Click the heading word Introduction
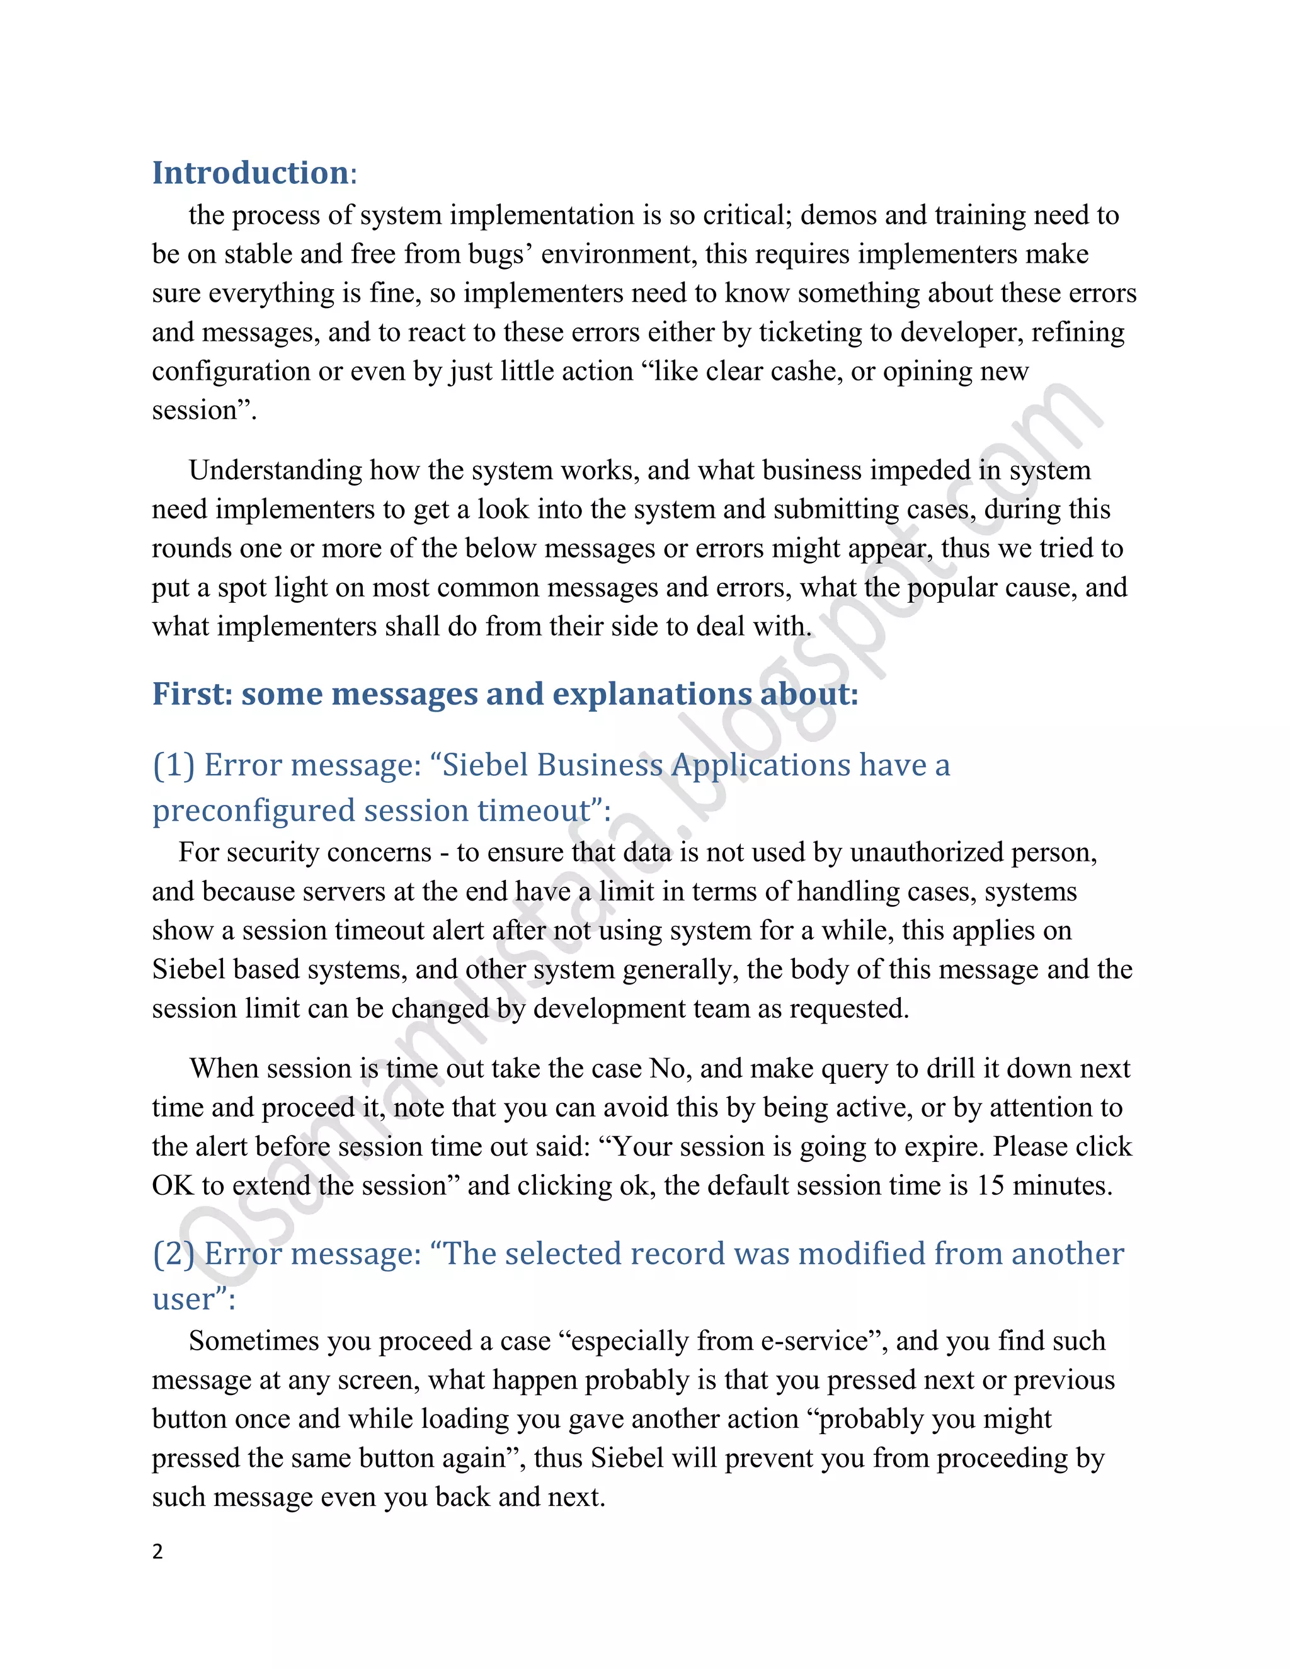point(250,173)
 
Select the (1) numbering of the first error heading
point(173,765)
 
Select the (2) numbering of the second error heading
point(173,1254)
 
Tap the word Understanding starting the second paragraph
point(275,470)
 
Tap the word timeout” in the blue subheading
point(540,811)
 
